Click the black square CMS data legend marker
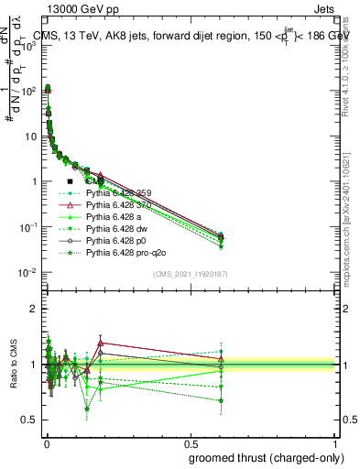click(70, 181)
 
